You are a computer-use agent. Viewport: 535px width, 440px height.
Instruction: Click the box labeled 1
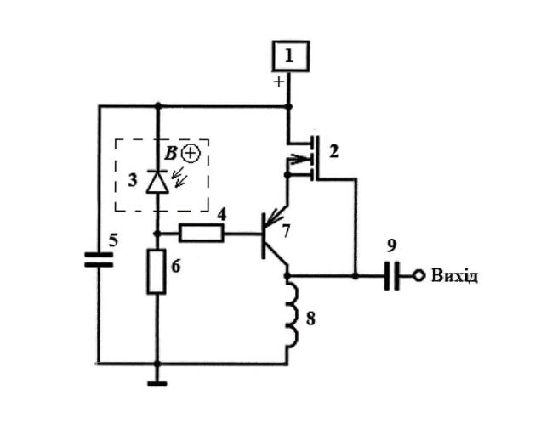(291, 56)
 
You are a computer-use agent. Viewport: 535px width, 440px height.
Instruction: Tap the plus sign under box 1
(279, 82)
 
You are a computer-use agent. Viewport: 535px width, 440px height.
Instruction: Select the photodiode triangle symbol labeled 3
(157, 181)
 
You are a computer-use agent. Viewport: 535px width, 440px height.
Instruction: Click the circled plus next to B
(191, 154)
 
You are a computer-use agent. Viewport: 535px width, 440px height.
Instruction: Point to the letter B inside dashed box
(171, 153)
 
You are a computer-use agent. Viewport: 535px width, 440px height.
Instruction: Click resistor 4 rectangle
(202, 234)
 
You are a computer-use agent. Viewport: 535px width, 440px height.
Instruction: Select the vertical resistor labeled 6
(157, 271)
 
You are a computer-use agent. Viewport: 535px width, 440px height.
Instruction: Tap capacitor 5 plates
(99, 259)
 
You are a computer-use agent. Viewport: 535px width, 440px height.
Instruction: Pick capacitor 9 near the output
(392, 276)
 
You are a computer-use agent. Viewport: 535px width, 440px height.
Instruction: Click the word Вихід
(454, 275)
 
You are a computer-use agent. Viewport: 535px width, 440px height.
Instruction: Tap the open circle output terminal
(419, 275)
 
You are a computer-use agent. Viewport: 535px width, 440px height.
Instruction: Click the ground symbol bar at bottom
(157, 384)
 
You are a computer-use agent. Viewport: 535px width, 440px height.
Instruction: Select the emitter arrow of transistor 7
(276, 217)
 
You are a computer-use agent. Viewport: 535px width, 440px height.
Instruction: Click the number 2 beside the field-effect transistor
(333, 151)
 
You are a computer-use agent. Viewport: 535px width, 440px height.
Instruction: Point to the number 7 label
(286, 230)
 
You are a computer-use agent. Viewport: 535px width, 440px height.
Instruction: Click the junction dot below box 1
(288, 107)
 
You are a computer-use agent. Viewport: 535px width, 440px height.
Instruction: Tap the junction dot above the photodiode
(158, 106)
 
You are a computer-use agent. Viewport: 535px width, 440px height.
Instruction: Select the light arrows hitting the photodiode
(179, 178)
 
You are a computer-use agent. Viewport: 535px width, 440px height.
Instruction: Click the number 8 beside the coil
(310, 319)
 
